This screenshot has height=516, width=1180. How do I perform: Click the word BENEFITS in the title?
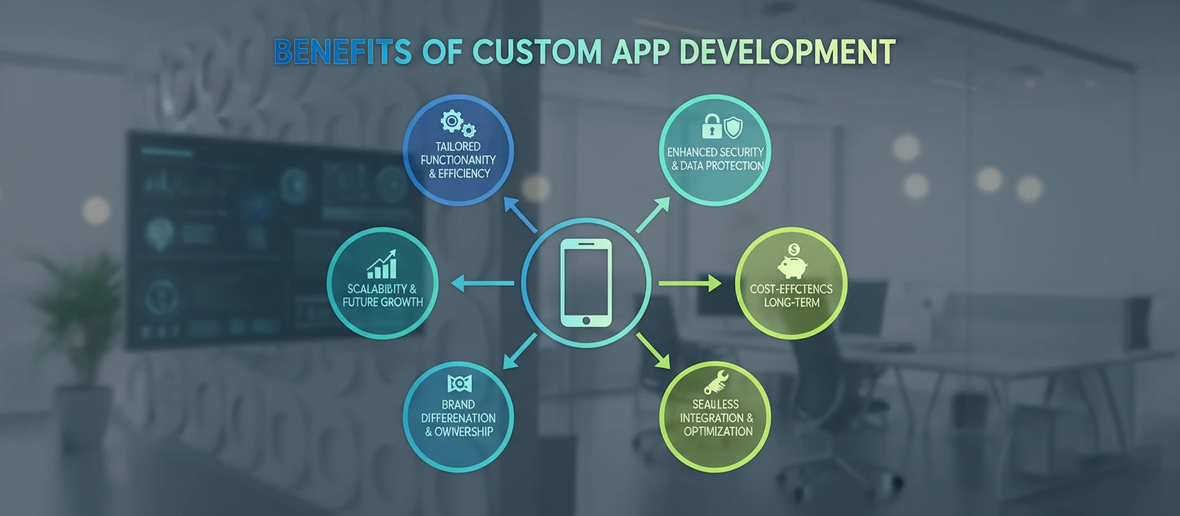pos(343,51)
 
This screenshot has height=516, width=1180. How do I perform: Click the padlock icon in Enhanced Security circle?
pos(712,125)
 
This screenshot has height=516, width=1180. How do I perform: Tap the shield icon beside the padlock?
pos(733,125)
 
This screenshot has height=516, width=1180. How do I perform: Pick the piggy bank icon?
pos(791,264)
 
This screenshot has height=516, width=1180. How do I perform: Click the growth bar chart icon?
pos(382,264)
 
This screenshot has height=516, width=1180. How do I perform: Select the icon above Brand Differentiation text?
pos(459,383)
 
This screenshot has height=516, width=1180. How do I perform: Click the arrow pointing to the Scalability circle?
pos(480,284)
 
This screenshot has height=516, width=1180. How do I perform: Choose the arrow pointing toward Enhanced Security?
pos(654,214)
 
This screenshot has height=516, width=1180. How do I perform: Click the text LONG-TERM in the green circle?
pos(791,303)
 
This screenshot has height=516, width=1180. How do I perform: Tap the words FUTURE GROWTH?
pos(383,302)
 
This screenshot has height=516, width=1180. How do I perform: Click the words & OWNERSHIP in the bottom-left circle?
pos(459,432)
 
